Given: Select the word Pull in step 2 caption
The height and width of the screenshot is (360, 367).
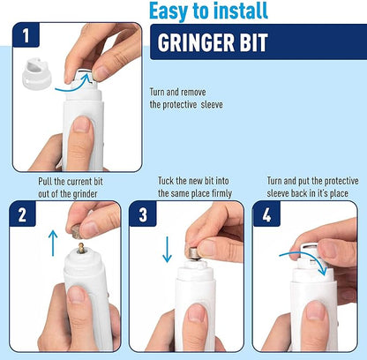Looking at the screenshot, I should [x=46, y=181].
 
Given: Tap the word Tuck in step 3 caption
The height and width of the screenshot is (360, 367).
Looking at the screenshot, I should [x=167, y=181].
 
